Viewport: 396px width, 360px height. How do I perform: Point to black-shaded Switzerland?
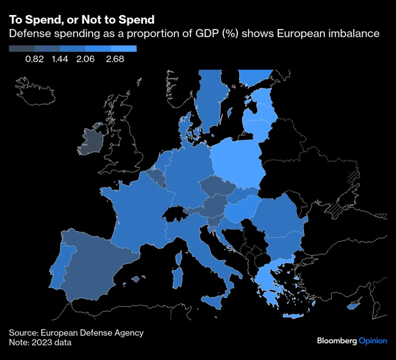click(x=174, y=214)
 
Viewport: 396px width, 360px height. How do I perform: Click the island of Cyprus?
click(x=354, y=306)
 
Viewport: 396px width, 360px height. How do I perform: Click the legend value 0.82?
click(x=34, y=59)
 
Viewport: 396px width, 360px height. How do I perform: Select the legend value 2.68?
click(x=115, y=59)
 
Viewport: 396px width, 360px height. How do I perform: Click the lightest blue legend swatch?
click(x=126, y=48)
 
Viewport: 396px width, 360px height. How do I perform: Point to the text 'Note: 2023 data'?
click(x=40, y=342)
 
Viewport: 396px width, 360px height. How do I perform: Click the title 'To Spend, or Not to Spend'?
click(x=81, y=19)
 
